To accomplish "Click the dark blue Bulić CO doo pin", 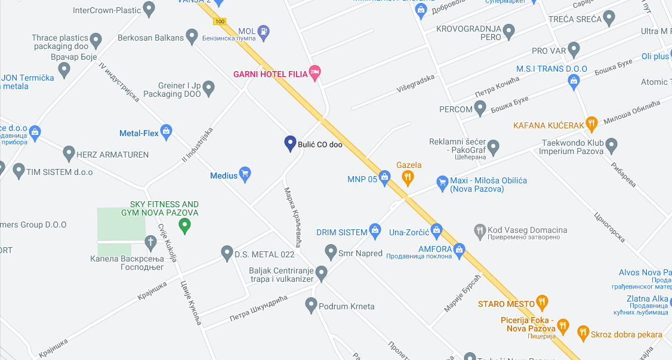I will tap(290, 143).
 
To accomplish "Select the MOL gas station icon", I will tap(263, 31).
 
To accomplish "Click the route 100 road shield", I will tap(220, 21).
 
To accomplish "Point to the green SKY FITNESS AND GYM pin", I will tap(185, 226).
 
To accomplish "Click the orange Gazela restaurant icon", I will tap(408, 176).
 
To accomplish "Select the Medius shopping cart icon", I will tap(245, 174).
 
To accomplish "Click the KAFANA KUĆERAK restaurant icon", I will tap(591, 124).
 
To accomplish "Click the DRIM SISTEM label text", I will tap(341, 232).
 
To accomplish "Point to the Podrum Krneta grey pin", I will tap(311, 306).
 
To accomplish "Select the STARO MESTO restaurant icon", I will tap(542, 303).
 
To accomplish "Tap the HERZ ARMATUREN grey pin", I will tap(69, 153).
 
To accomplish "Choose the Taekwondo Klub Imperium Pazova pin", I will tap(611, 144).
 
